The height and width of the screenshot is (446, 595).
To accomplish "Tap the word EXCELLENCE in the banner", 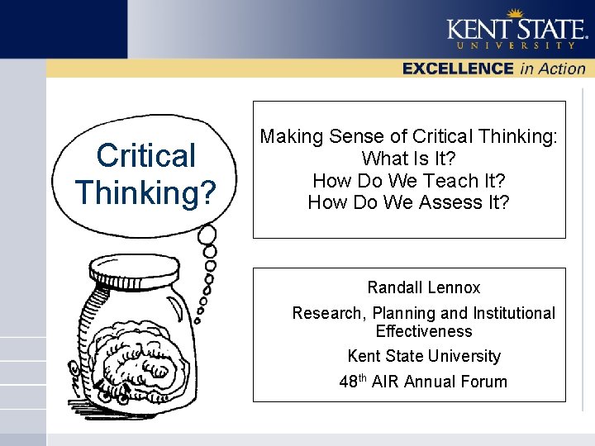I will tap(459, 69).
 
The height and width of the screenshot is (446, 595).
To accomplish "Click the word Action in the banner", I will tap(562, 69).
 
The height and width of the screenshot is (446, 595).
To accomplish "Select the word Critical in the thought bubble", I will tap(145, 155).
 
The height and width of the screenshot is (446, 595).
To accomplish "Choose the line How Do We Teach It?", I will tap(408, 180).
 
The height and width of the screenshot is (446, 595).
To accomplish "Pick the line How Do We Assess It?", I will tap(408, 202).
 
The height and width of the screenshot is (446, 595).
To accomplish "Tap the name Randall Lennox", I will tap(423, 287).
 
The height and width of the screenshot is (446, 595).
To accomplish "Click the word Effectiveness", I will tap(423, 331).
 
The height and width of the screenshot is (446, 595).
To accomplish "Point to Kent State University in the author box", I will tap(423, 356).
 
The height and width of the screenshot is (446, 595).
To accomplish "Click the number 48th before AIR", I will tap(353, 382).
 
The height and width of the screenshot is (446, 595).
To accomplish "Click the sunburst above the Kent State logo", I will tap(515, 12).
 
